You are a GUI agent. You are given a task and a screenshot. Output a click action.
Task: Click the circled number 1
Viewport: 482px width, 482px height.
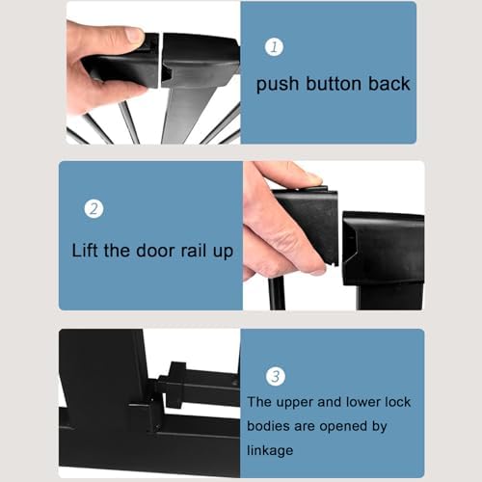coord(274,47)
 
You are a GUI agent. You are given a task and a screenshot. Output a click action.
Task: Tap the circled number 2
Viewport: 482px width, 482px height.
coord(94,209)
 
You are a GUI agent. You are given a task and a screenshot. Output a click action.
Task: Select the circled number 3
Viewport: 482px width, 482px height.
coord(276,376)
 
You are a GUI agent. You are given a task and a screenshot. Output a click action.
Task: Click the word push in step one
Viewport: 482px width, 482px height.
coord(278,85)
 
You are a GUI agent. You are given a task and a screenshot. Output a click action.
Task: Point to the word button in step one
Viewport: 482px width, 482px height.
coord(334,84)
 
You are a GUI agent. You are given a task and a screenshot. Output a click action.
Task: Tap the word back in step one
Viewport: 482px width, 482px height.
coord(389,84)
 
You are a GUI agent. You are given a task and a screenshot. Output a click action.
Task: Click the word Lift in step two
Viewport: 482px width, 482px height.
coord(84,251)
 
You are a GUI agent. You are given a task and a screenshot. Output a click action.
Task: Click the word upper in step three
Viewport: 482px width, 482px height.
coord(295,403)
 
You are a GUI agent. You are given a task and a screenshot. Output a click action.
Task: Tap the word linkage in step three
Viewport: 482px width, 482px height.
coord(270,450)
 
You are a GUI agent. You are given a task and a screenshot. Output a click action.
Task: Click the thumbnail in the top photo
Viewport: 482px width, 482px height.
coord(134,34)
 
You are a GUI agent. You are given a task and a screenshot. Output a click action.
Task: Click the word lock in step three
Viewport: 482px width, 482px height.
coord(397,402)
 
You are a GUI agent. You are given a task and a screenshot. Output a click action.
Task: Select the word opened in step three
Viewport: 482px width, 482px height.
coord(342,427)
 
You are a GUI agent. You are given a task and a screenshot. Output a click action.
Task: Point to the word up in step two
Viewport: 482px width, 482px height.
coord(223,253)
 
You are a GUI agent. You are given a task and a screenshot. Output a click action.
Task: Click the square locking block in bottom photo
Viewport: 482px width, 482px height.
coord(175,385)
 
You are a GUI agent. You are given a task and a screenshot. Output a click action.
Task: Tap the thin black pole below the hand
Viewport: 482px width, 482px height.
coord(277,293)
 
